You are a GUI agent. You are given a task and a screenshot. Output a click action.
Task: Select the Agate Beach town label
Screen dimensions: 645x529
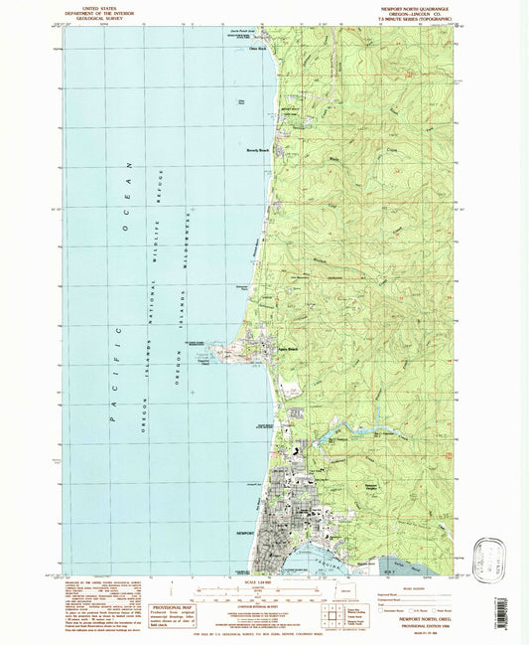click(x=288, y=351)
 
